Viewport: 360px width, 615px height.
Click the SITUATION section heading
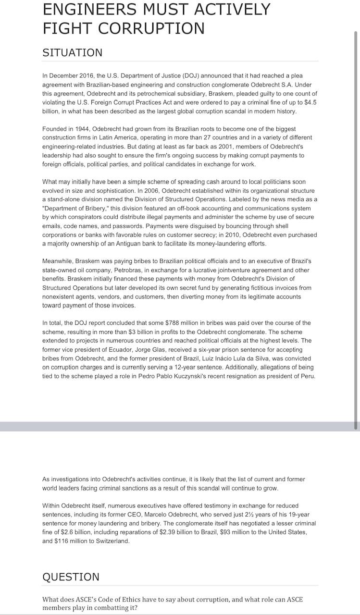pyautogui.click(x=72, y=53)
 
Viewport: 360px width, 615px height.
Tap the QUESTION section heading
pyautogui.click(x=71, y=577)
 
